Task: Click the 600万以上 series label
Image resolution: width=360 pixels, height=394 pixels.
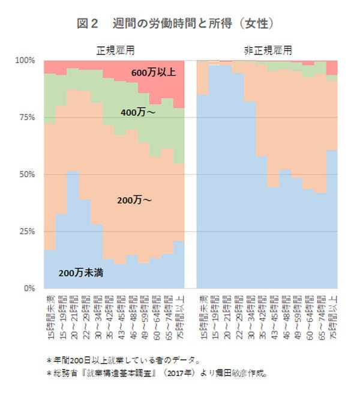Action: [154, 72]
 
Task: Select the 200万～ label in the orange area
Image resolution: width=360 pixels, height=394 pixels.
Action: [135, 200]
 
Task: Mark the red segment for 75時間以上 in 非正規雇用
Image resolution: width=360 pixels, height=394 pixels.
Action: [332, 67]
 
